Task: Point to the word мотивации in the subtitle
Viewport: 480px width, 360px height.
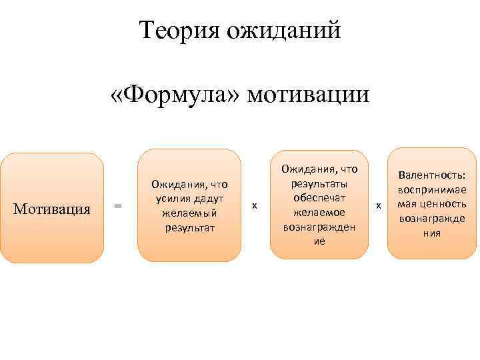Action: [x=308, y=94]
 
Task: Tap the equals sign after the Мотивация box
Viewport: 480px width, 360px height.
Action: [x=118, y=207]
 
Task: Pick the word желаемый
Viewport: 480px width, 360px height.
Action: [x=189, y=213]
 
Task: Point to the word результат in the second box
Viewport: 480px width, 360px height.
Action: [x=189, y=228]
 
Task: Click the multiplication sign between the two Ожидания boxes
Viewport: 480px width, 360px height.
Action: [x=255, y=207]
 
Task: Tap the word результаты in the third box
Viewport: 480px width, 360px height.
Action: [x=319, y=184]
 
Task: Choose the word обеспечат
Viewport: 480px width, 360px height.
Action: [x=319, y=198]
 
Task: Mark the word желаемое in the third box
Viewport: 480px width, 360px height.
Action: [x=319, y=213]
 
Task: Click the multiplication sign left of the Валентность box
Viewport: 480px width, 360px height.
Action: [x=379, y=207]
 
